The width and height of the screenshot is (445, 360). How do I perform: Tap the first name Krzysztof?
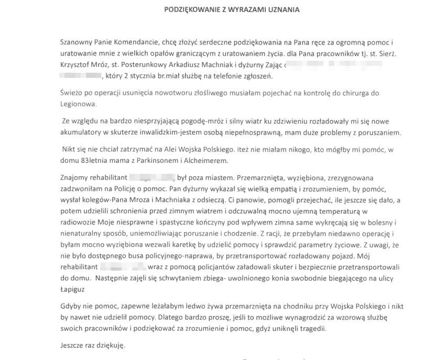tap(78, 66)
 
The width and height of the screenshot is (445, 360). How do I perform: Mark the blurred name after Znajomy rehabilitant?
tap(151, 178)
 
